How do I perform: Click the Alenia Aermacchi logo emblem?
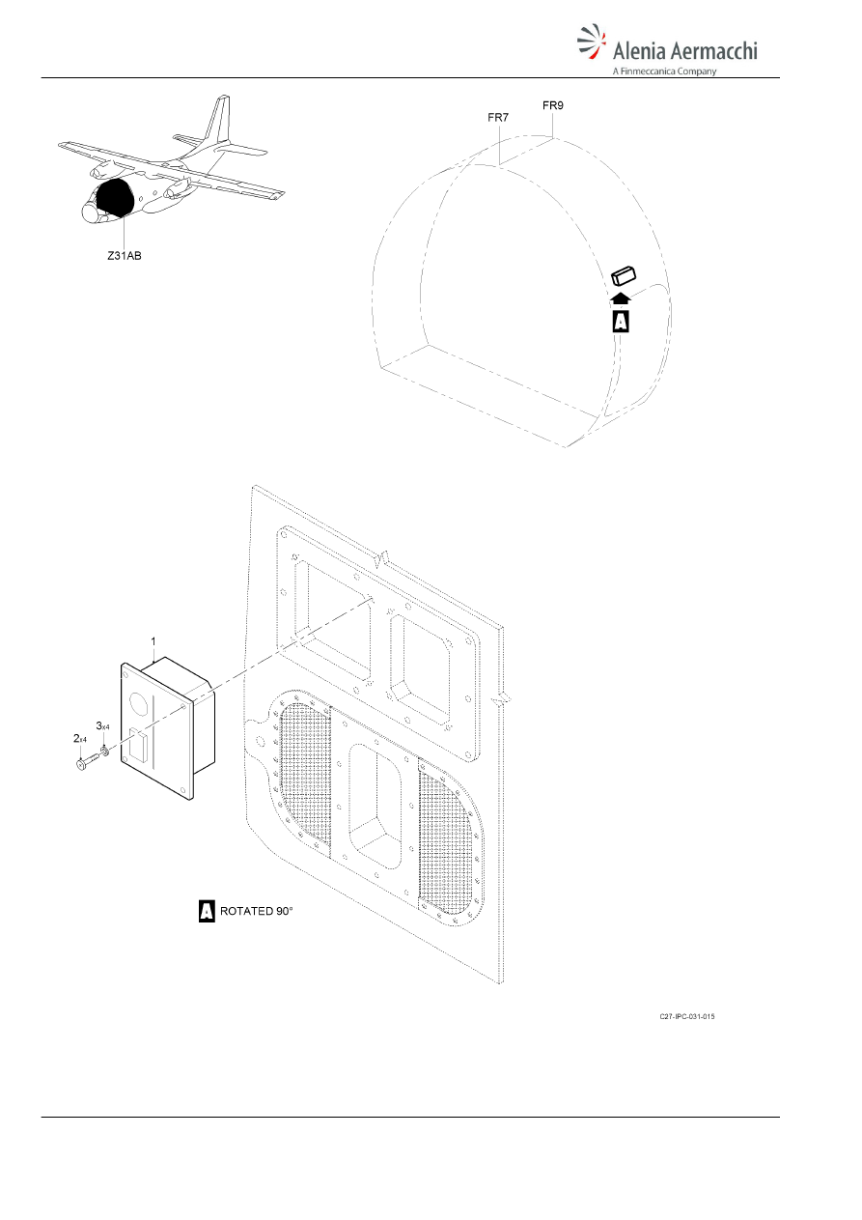point(592,42)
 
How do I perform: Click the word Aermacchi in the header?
point(713,51)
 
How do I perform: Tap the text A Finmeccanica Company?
point(664,71)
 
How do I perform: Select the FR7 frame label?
point(498,117)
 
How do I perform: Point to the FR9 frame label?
point(553,105)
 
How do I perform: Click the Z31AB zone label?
point(125,255)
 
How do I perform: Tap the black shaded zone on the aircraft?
point(115,197)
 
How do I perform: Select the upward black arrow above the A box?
point(621,298)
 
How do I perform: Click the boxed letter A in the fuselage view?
point(621,321)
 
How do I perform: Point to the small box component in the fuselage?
point(624,275)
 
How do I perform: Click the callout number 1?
point(153,641)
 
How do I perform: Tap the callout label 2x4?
point(80,739)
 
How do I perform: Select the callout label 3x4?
point(103,726)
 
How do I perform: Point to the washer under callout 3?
point(104,752)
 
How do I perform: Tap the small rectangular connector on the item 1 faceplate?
point(140,744)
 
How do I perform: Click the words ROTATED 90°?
point(257,911)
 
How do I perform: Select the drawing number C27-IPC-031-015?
point(686,1016)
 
